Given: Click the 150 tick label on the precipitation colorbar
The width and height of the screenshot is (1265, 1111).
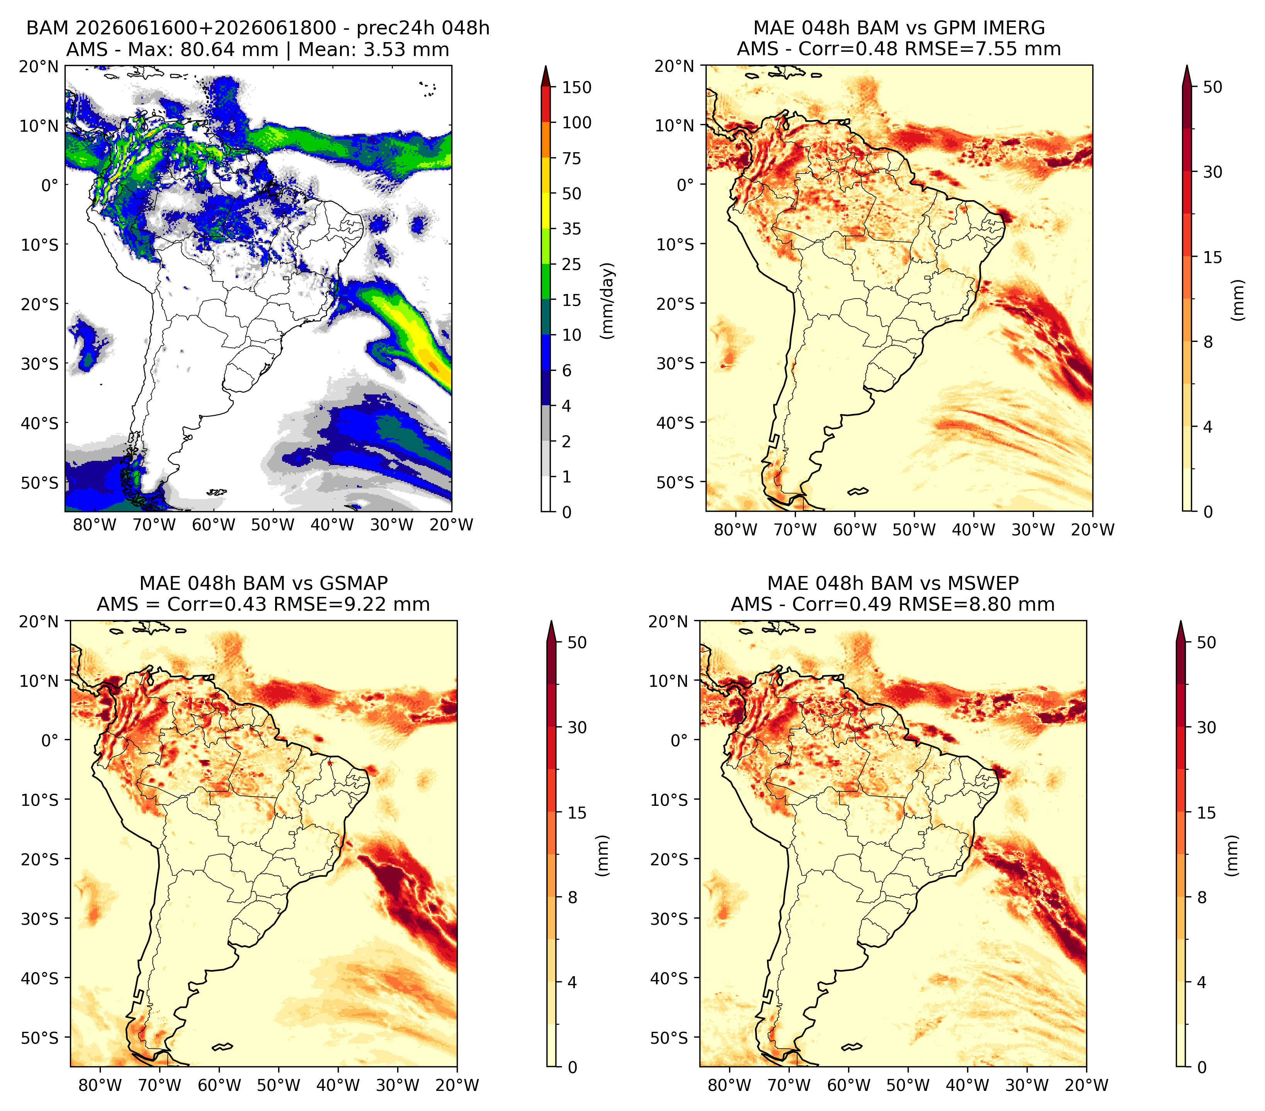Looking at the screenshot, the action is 576,87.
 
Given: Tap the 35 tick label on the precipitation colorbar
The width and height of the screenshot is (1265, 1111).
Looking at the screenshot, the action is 571,229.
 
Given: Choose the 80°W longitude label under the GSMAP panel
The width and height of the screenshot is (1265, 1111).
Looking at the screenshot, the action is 100,1086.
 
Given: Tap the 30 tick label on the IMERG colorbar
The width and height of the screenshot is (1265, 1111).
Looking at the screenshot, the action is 1212,172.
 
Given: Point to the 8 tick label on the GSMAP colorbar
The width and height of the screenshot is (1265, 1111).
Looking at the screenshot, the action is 573,898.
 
